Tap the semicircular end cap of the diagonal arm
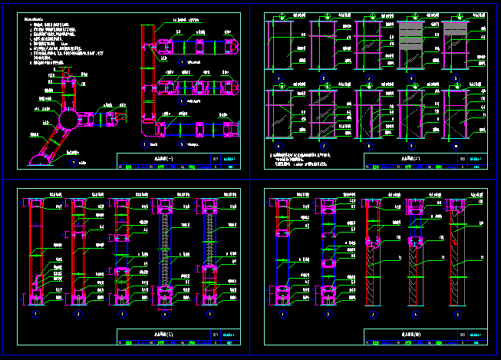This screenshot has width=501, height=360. [x=37, y=160]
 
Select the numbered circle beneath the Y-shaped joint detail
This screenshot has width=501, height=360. [x=74, y=163]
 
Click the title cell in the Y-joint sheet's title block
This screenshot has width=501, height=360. [x=163, y=160]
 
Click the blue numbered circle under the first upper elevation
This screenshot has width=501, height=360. [x=278, y=78]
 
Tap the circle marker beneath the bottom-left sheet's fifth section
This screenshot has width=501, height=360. [x=209, y=314]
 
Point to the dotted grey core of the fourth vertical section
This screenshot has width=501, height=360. [x=165, y=246]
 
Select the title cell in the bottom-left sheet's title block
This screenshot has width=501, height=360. [x=163, y=335]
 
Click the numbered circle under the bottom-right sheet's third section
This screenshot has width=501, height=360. [x=373, y=314]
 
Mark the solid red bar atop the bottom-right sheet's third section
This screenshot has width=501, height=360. [x=373, y=203]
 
